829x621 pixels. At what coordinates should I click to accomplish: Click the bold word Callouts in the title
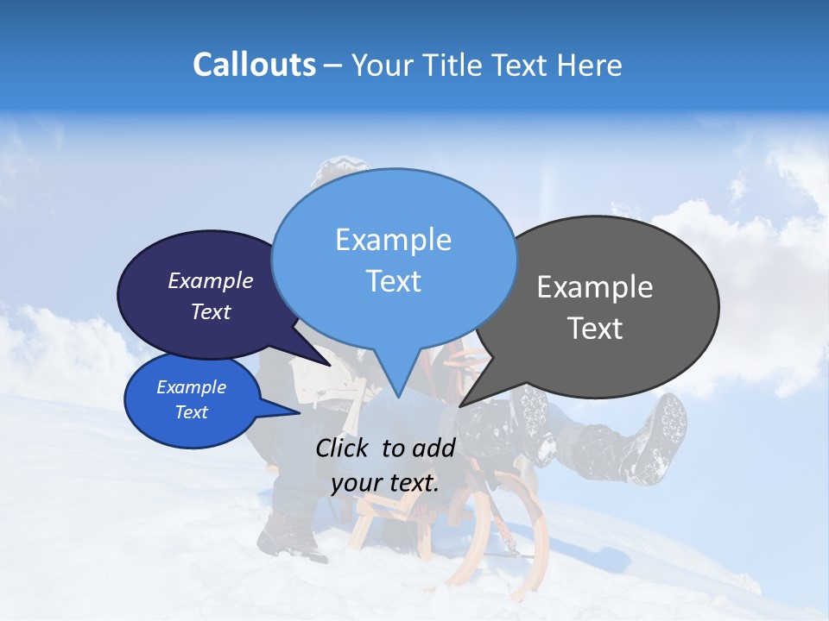(254, 65)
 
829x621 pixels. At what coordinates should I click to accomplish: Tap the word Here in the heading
(591, 65)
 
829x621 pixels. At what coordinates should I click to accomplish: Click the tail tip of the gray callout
(461, 405)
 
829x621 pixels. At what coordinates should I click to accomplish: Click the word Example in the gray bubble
(595, 287)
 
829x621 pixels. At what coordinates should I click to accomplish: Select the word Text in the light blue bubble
(393, 281)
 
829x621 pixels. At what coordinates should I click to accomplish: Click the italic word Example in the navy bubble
(211, 280)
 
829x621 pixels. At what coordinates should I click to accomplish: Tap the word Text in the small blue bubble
(192, 411)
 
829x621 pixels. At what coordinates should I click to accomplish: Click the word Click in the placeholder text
(343, 447)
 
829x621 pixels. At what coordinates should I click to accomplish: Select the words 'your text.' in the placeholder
(385, 482)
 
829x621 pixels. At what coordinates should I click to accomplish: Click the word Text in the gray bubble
(595, 328)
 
